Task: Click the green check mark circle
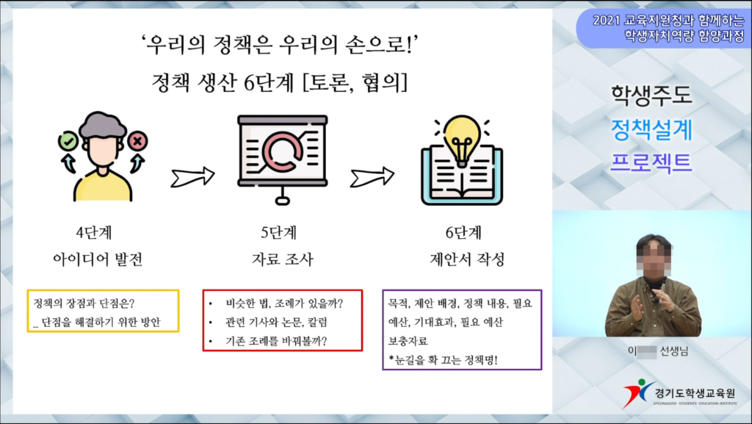[x=68, y=141]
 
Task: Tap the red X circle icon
[x=137, y=141]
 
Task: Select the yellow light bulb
[x=462, y=139]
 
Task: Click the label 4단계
[x=94, y=233]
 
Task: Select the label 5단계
[x=278, y=233]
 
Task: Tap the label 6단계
[x=463, y=233]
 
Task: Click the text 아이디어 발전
[x=98, y=259]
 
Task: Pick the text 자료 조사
[x=283, y=259]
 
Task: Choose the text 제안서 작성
[x=467, y=259]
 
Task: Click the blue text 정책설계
[x=651, y=129]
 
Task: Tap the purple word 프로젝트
[x=651, y=162]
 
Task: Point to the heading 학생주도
[x=651, y=95]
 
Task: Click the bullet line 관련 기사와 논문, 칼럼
[x=276, y=323]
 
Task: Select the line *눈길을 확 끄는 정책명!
[x=443, y=360]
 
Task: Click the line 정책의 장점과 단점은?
[x=84, y=303]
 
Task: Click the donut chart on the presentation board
[x=283, y=151]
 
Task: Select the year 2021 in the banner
[x=607, y=20]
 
